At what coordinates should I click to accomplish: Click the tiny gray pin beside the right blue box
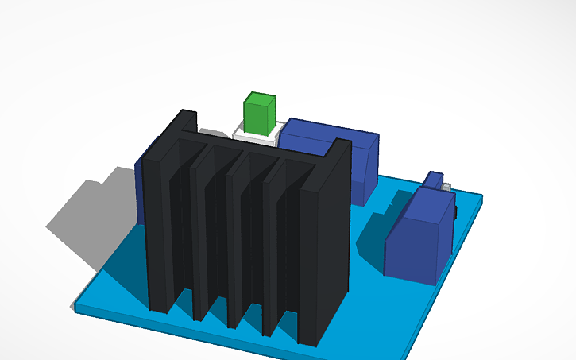pyautogui.click(x=447, y=188)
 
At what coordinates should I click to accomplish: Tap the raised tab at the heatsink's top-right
pyautogui.click(x=342, y=146)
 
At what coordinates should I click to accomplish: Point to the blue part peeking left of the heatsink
pyautogui.click(x=140, y=183)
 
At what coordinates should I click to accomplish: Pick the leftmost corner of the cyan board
pyautogui.click(x=76, y=305)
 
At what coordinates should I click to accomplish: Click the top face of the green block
pyautogui.click(x=261, y=99)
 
